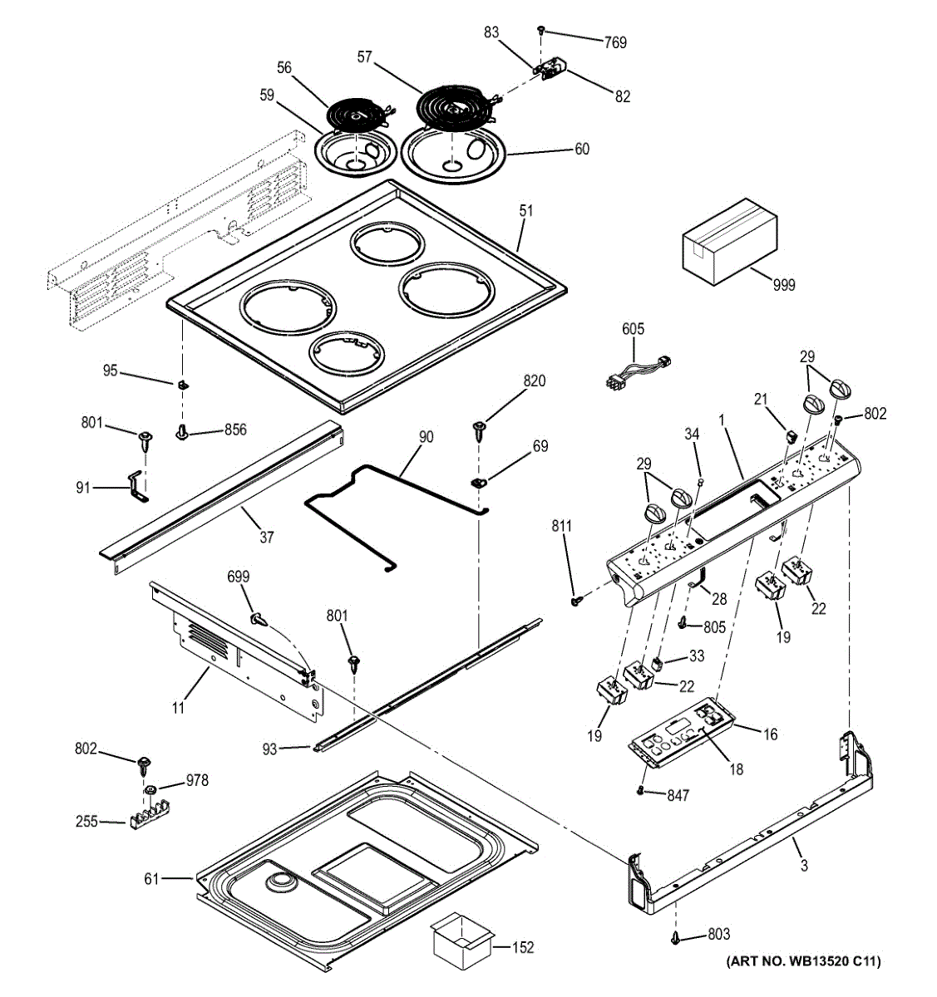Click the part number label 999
pos(784,285)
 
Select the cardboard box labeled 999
pos(729,242)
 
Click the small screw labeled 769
pos(541,30)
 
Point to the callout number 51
pos(525,211)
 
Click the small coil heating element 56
pos(359,115)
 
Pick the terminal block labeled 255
pos(150,820)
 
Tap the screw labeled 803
pos(677,936)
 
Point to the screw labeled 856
pos(181,432)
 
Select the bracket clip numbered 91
pos(136,486)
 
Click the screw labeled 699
pos(259,619)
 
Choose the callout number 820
pos(534,381)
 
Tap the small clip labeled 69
pos(479,483)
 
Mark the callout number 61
pos(151,878)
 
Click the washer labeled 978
pos(150,791)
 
